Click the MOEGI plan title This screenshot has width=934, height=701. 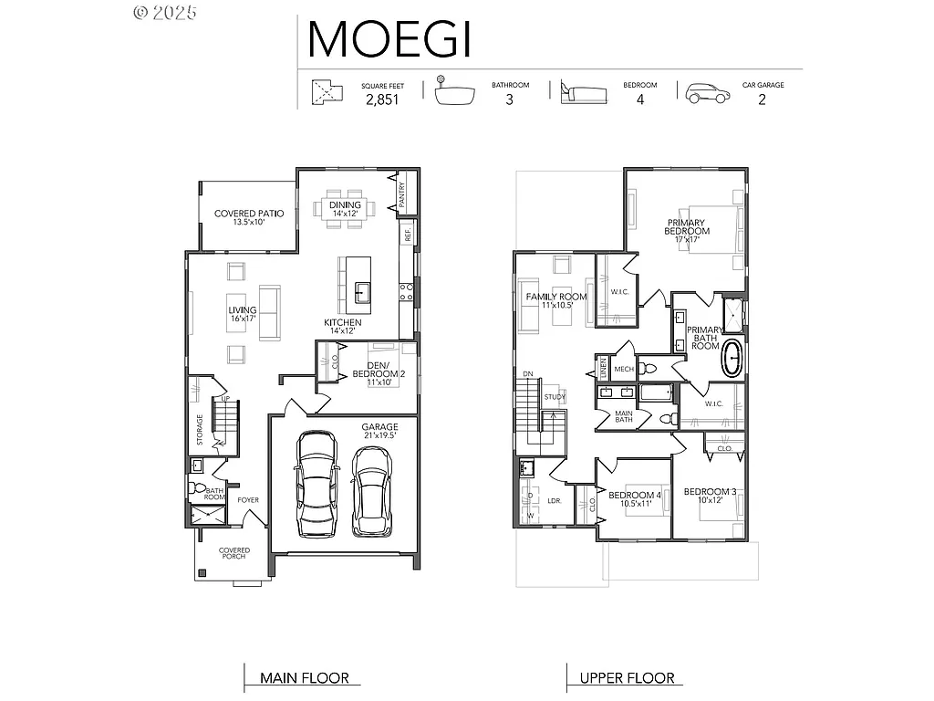point(389,38)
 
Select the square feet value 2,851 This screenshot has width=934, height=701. point(382,100)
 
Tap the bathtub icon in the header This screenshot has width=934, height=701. point(456,93)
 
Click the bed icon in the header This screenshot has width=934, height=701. point(583,92)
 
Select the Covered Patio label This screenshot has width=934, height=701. point(249,217)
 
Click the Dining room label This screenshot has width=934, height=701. point(346,209)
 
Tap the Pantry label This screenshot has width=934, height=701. point(401,196)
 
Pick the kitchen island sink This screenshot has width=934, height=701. point(362,292)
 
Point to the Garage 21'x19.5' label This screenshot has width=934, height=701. point(379,431)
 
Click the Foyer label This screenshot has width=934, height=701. point(248,500)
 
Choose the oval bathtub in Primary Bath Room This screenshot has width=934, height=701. point(732,359)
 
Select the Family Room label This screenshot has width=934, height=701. point(555,301)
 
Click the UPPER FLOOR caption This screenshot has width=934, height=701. point(628,678)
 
